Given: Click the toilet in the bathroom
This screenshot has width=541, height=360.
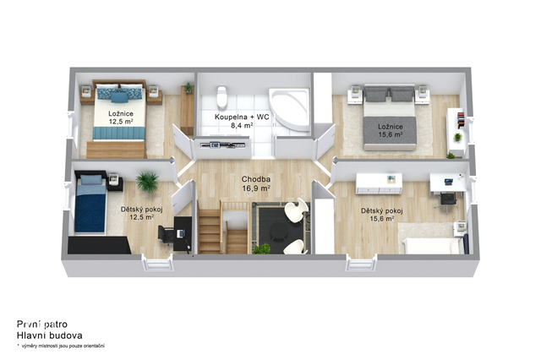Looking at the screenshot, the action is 221,97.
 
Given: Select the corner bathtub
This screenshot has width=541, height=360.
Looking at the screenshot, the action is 290,109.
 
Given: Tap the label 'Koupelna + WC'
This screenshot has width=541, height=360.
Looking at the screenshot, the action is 242,117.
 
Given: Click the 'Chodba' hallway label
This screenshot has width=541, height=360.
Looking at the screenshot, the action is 255,179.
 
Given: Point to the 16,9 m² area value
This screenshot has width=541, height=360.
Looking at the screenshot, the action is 255,188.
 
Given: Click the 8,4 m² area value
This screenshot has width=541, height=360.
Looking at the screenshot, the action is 242,126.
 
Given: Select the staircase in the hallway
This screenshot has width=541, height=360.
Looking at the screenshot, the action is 223,227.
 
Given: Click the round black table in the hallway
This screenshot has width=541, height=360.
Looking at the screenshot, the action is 278,231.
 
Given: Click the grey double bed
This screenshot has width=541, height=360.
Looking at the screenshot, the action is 389,117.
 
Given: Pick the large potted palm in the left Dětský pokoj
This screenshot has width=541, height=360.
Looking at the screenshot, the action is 147,182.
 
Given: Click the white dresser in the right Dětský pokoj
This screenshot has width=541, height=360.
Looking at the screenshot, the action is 379,183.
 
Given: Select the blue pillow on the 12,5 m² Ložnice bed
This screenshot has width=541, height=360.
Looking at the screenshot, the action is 119,97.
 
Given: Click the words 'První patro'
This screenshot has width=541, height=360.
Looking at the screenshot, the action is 42,325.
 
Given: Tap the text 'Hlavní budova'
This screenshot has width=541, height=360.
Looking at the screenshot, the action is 49,335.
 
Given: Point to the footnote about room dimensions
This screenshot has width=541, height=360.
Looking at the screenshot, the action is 61,346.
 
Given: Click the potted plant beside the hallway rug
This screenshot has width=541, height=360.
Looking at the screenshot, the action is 262,248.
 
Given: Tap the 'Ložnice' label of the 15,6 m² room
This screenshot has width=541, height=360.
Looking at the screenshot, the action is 391,127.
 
